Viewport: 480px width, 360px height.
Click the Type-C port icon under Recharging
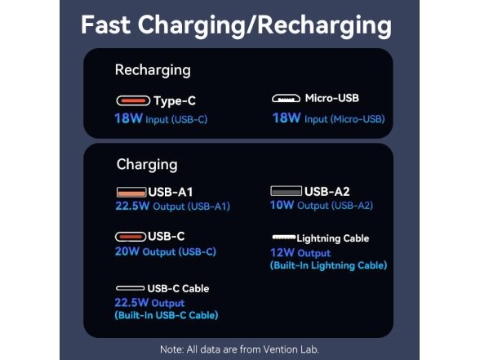click(x=133, y=100)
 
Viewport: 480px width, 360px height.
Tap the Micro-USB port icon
click(x=286, y=98)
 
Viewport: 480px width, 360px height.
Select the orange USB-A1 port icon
click(x=131, y=192)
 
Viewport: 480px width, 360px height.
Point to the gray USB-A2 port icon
click(x=287, y=191)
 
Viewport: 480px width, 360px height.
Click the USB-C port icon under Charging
click(x=131, y=237)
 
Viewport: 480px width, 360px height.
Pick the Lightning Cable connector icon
click(x=284, y=237)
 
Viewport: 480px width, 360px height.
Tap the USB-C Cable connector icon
click(x=130, y=288)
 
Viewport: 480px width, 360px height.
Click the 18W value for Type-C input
click(x=129, y=118)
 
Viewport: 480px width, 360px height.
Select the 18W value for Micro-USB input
click(x=287, y=118)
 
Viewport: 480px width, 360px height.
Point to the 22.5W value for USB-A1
click(x=132, y=206)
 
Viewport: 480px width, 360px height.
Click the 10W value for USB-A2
click(x=282, y=205)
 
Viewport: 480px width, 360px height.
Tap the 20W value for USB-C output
click(x=127, y=251)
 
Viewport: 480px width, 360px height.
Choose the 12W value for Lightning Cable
click(x=282, y=252)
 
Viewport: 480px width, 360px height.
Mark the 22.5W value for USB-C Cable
click(x=131, y=302)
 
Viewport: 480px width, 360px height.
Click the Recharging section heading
click(x=153, y=70)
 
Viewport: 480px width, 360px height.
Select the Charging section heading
click(x=147, y=165)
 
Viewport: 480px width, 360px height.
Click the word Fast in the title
click(x=105, y=24)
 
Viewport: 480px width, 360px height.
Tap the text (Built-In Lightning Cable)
click(x=328, y=265)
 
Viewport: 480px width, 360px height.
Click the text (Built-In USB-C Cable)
click(x=167, y=315)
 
